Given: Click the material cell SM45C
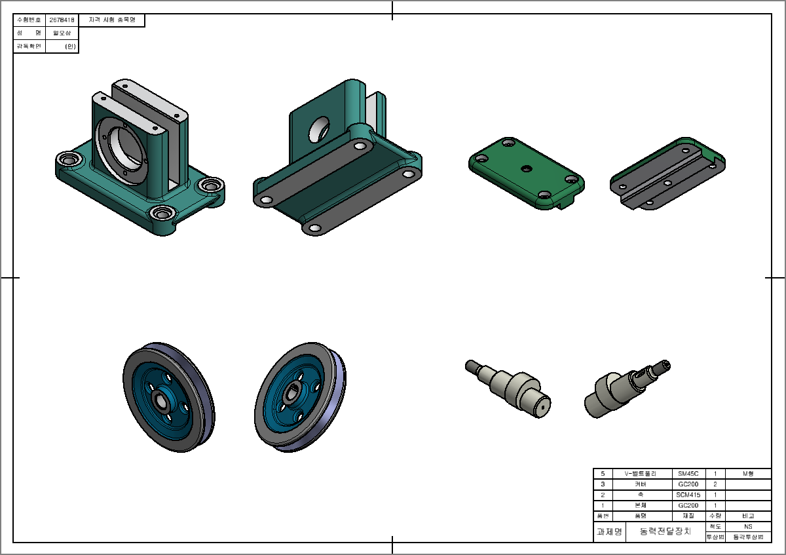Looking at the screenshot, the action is tap(688, 473).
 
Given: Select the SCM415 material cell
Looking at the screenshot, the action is tap(688, 495).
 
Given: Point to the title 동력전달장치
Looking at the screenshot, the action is tap(665, 531).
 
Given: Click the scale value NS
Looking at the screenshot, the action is tap(748, 526).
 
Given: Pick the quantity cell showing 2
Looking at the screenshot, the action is tap(715, 484).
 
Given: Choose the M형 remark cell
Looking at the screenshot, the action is tap(748, 473).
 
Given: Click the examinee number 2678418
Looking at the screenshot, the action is tap(62, 20).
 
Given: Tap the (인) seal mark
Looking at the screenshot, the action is tap(70, 47).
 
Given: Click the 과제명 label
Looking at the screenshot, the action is tap(609, 531).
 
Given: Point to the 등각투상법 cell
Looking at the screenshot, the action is tap(748, 537).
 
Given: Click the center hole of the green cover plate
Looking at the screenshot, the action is tap(525, 168).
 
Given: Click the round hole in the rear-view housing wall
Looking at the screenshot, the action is tap(320, 128).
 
